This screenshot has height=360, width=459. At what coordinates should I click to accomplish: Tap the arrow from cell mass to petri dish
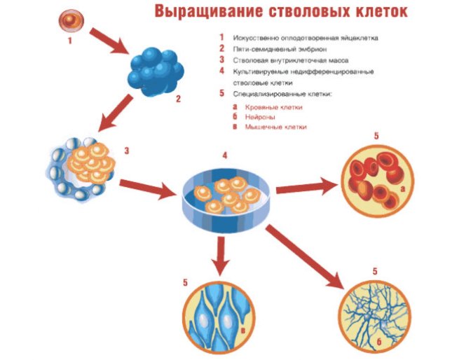click(x=148, y=188)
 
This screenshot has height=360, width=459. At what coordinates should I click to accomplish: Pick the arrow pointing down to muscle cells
click(x=221, y=256)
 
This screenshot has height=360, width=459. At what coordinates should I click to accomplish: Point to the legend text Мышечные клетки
click(x=276, y=128)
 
